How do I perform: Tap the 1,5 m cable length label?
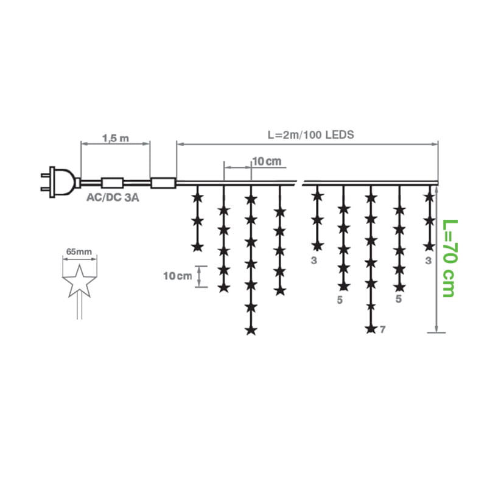[x=116, y=138]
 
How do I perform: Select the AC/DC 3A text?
[x=113, y=197]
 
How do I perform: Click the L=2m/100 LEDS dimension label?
[x=310, y=135]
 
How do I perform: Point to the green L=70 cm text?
[x=449, y=258]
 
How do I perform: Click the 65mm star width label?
[x=79, y=251]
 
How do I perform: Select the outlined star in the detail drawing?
[x=80, y=281]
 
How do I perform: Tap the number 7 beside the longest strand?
[x=382, y=329]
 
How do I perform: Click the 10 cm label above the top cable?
[x=267, y=161]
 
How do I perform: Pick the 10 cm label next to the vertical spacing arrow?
[x=178, y=276]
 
